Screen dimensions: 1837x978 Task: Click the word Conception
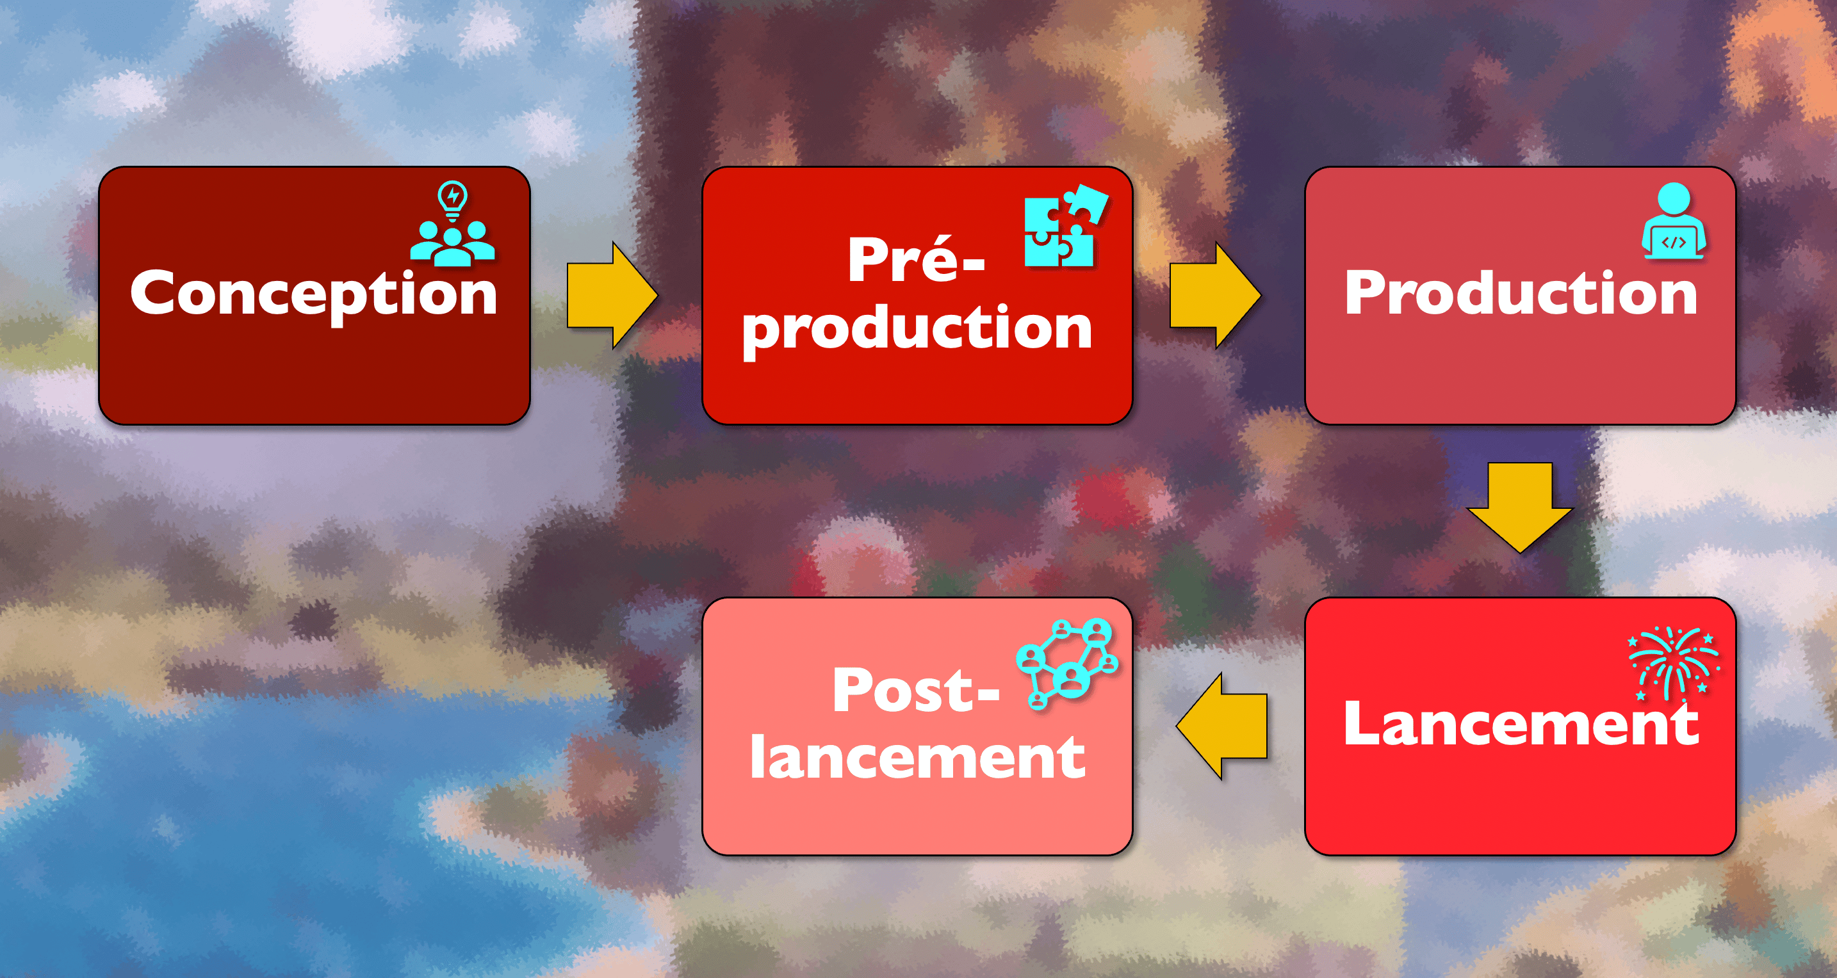(314, 294)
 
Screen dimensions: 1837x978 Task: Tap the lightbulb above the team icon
(452, 200)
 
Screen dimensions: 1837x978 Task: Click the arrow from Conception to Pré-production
(612, 295)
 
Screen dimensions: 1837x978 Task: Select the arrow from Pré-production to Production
(1215, 295)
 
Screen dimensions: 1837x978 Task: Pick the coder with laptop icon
(1674, 221)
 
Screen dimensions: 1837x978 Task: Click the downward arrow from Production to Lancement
(1520, 507)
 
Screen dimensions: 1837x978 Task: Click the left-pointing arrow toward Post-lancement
(1221, 726)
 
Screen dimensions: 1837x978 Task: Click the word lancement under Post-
(917, 757)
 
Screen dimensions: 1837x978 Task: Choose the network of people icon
(1067, 664)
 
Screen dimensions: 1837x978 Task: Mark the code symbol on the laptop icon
(1674, 243)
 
